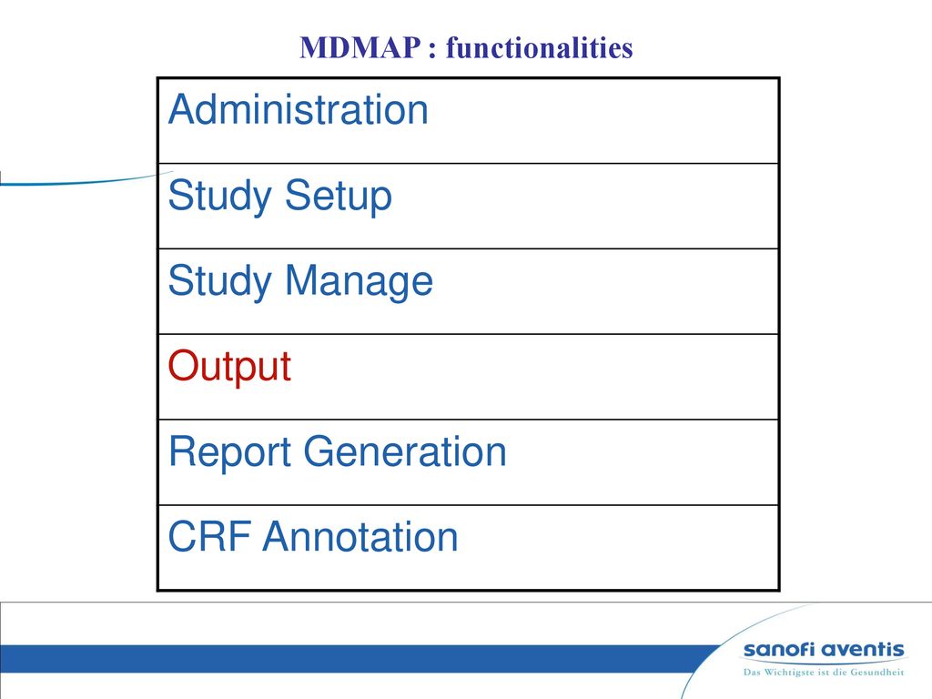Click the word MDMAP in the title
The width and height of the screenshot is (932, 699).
(x=360, y=47)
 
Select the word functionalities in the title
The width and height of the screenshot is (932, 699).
(x=539, y=47)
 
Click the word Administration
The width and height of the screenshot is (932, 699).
(x=299, y=109)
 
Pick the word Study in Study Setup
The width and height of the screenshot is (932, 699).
(x=219, y=197)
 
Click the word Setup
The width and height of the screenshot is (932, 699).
(x=339, y=197)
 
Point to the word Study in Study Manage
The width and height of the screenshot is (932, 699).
(x=219, y=282)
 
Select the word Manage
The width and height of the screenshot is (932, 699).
(x=359, y=282)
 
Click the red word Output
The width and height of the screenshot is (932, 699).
(x=229, y=367)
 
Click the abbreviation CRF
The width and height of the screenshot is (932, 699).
(x=209, y=537)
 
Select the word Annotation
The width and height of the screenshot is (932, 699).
(x=360, y=537)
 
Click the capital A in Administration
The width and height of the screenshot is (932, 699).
(x=184, y=109)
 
